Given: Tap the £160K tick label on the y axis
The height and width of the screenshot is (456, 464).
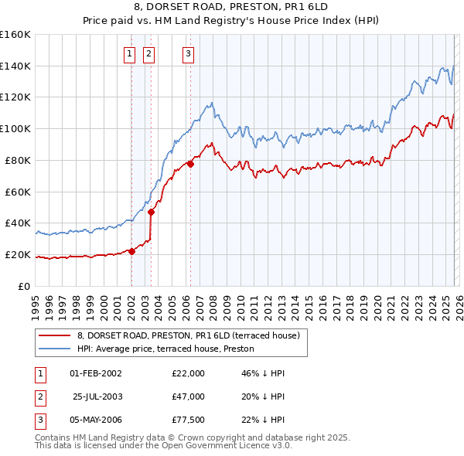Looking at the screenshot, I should (x=15, y=35).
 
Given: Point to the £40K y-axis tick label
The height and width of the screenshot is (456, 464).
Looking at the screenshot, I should (x=18, y=223).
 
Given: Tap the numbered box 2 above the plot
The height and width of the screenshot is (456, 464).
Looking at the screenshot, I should (x=148, y=53).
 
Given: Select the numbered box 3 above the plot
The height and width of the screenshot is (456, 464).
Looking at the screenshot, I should (x=188, y=53).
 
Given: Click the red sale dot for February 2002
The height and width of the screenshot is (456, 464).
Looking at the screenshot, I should (x=131, y=250).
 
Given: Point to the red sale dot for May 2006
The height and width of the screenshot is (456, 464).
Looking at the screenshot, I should (x=190, y=163).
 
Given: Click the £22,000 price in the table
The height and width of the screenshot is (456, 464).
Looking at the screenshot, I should (x=188, y=373).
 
